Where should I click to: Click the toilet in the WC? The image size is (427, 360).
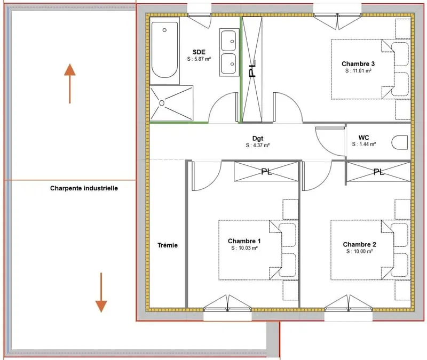point(400,142)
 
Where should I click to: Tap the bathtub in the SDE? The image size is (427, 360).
point(164,50)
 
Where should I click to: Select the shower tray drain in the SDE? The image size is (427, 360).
point(162,103)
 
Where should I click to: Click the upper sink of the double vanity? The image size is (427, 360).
point(228,41)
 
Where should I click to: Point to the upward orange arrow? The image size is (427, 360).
point(70,84)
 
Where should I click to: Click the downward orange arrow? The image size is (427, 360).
point(101,292)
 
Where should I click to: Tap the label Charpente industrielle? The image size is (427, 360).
point(84,188)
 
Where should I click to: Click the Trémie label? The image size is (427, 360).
point(168,245)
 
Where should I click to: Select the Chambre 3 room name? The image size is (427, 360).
point(358,63)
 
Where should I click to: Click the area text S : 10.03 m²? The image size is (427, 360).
point(244,248)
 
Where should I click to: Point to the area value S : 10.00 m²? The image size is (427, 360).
point(359,251)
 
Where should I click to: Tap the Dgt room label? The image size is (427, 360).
point(258,139)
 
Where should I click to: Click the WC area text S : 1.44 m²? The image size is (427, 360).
point(364,144)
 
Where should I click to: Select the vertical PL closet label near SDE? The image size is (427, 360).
point(252,69)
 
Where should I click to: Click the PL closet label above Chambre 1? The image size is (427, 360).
point(266,172)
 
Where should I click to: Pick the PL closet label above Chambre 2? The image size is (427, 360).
point(379,172)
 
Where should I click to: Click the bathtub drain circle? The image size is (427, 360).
point(164,30)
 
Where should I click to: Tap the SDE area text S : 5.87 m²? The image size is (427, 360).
point(199,59)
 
